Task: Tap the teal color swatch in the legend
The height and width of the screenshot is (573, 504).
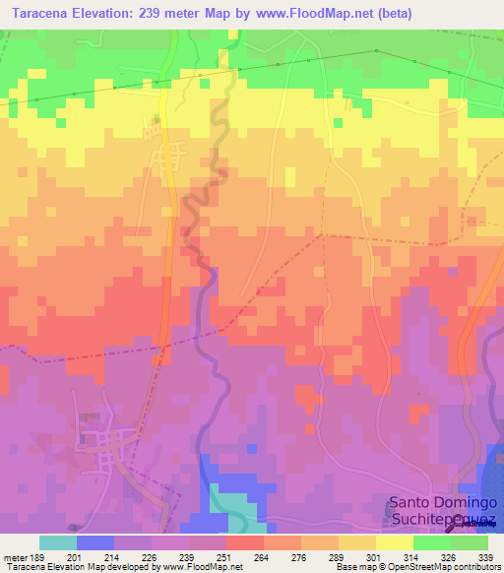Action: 57,542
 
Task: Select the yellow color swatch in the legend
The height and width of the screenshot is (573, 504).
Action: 394,542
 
